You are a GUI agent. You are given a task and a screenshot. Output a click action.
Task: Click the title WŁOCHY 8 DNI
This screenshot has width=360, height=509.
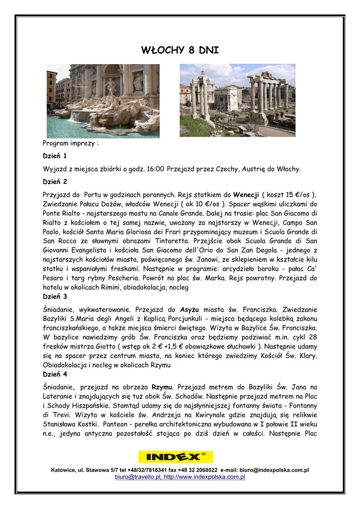[x=180, y=50]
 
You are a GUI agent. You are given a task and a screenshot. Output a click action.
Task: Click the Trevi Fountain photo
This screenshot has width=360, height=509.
[x=103, y=100]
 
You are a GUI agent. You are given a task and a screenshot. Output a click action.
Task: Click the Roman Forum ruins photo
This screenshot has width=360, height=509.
[x=237, y=100]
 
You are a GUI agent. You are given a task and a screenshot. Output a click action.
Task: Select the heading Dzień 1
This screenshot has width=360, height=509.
[x=55, y=156]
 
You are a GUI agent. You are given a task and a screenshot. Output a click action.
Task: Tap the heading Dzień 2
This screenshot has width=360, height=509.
[x=55, y=181]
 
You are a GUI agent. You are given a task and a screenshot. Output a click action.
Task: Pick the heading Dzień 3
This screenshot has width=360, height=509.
[x=55, y=297]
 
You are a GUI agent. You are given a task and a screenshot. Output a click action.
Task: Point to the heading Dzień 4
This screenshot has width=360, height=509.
[x=55, y=374]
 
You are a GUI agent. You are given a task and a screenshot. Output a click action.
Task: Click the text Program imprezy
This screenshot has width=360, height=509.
[x=71, y=143]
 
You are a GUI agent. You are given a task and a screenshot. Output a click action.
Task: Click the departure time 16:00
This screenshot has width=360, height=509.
[x=156, y=169]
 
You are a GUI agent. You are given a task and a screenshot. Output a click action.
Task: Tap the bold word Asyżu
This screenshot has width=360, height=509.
[x=189, y=309]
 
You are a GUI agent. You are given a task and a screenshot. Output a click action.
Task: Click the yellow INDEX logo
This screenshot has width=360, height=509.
[x=176, y=457]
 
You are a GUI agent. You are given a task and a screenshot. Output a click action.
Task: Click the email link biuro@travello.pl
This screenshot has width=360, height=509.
[x=137, y=477]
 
